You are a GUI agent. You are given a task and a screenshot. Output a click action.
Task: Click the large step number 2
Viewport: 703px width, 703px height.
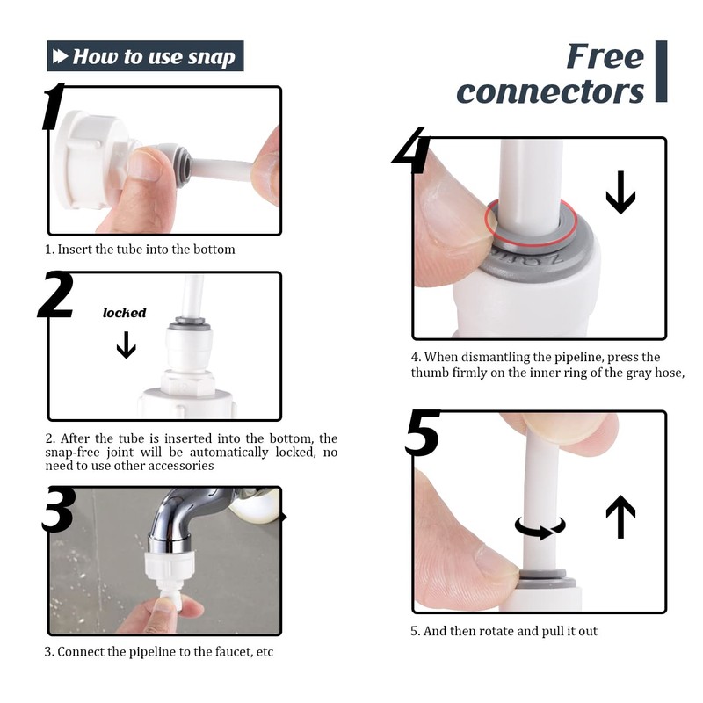(55, 294)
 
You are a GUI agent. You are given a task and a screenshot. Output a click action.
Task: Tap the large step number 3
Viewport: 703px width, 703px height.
(57, 509)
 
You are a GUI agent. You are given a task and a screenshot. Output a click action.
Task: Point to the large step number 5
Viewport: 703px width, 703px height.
(422, 432)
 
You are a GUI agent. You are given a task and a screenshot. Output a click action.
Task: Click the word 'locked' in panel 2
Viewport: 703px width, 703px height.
(124, 313)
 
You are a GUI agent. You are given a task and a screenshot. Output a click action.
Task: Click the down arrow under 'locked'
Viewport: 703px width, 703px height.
(126, 344)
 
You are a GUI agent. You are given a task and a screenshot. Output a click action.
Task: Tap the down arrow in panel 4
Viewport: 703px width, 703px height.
(620, 192)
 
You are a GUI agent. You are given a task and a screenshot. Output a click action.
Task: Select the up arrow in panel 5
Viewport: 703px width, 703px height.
(620, 517)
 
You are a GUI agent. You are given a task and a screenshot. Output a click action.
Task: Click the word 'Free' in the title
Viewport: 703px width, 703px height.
(605, 56)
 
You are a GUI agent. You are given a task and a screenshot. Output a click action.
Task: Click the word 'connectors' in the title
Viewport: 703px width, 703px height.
(550, 91)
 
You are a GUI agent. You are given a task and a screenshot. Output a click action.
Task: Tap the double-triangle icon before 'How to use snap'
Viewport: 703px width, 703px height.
(60, 56)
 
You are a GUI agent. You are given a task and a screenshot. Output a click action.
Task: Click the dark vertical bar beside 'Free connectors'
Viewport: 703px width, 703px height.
(661, 71)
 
